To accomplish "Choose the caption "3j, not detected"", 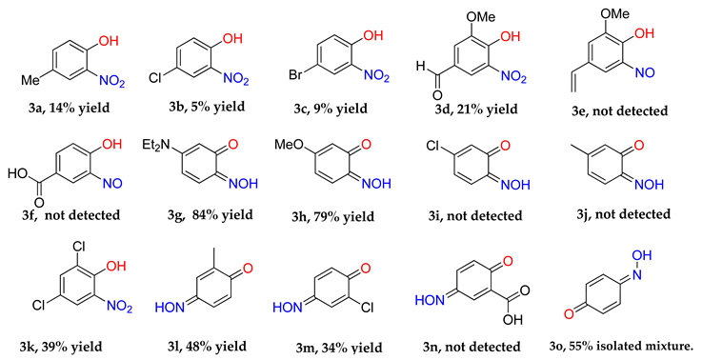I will [629, 221].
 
